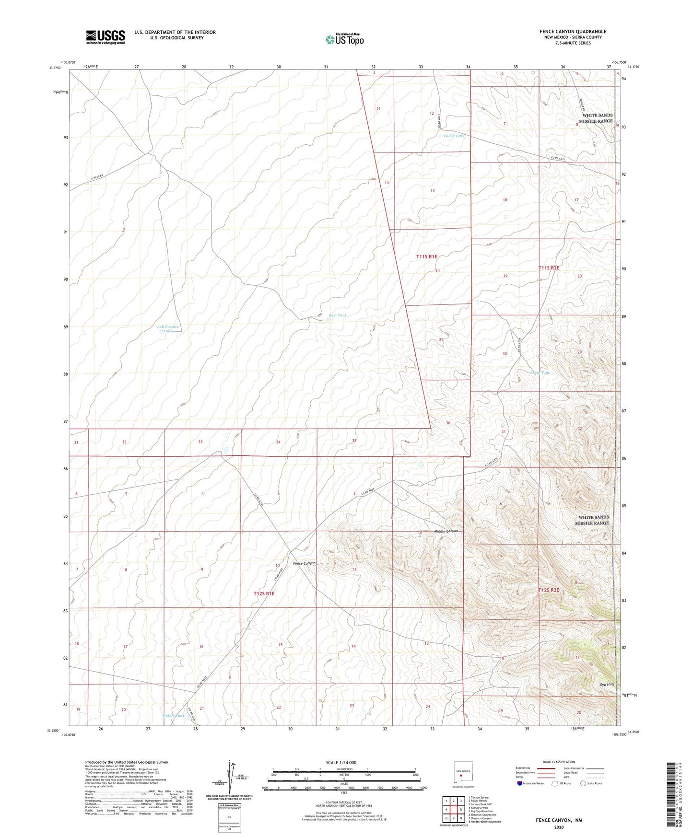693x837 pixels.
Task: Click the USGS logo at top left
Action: (x=106, y=37)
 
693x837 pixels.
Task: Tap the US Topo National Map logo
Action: (x=344, y=39)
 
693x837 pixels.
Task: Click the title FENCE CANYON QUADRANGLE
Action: (x=573, y=32)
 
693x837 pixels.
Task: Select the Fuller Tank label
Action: (x=453, y=136)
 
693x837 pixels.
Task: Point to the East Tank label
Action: (x=337, y=315)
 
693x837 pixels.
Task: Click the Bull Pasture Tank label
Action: (x=168, y=329)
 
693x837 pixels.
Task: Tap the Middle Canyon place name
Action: (x=446, y=531)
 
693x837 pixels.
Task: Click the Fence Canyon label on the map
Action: (x=304, y=563)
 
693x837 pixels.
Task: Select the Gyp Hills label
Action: (x=607, y=685)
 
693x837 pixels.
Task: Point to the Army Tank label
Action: (x=540, y=372)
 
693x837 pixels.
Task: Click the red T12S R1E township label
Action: (x=264, y=593)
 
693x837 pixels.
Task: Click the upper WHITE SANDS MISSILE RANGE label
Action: (x=597, y=118)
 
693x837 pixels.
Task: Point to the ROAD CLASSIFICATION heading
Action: (x=559, y=762)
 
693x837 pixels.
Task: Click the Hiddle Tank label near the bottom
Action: (x=173, y=716)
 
